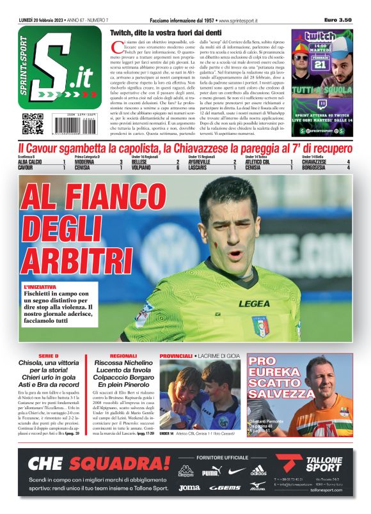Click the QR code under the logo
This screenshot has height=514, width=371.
(x=33, y=123)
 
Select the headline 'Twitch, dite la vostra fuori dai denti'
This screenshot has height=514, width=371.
(x=166, y=32)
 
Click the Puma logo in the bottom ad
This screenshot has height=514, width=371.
(x=211, y=472)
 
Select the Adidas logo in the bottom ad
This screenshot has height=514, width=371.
(x=258, y=471)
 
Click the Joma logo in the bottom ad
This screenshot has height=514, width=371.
(x=189, y=487)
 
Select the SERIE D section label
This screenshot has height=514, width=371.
(x=48, y=355)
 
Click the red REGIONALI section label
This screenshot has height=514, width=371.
(x=123, y=355)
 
